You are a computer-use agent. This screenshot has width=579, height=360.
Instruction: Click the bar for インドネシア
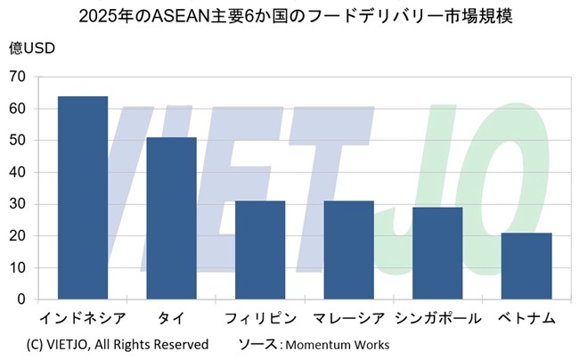[83, 198]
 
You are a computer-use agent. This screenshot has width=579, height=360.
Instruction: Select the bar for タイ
[171, 218]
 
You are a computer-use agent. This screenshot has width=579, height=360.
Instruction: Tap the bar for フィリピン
[260, 250]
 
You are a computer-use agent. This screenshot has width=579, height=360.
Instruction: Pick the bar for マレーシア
[348, 250]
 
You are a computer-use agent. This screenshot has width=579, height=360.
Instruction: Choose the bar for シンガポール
[437, 253]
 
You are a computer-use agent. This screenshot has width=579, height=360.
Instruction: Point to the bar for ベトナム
[526, 266]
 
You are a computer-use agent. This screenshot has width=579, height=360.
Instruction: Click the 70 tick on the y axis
[17, 77]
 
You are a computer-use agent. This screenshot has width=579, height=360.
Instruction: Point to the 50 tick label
[17, 141]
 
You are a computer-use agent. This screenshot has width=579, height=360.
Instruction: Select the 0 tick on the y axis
[20, 299]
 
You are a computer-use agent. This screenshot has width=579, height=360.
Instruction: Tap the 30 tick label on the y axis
[17, 204]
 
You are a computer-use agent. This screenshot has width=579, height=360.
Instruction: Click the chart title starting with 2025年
[289, 16]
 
